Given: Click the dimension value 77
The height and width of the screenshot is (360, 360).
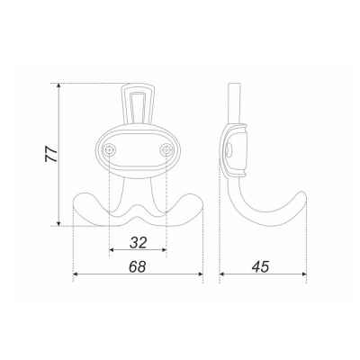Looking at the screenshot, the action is [51, 154].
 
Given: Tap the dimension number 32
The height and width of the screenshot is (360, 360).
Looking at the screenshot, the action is [139, 242].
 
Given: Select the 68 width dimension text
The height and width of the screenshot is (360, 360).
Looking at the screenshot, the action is [138, 266].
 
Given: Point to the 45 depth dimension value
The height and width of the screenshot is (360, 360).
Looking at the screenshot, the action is [260, 266].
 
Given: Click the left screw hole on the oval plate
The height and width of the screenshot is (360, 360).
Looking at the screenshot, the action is [110, 149].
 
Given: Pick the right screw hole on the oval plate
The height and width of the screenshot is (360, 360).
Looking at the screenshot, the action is [166, 149].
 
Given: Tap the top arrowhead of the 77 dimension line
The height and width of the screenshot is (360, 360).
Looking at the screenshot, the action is [59, 85].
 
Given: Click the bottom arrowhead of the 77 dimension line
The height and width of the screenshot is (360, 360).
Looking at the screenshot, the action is [59, 223].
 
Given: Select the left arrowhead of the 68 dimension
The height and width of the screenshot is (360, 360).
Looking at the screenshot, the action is [76, 274].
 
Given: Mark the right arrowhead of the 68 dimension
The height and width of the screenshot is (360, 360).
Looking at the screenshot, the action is [201, 274].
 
